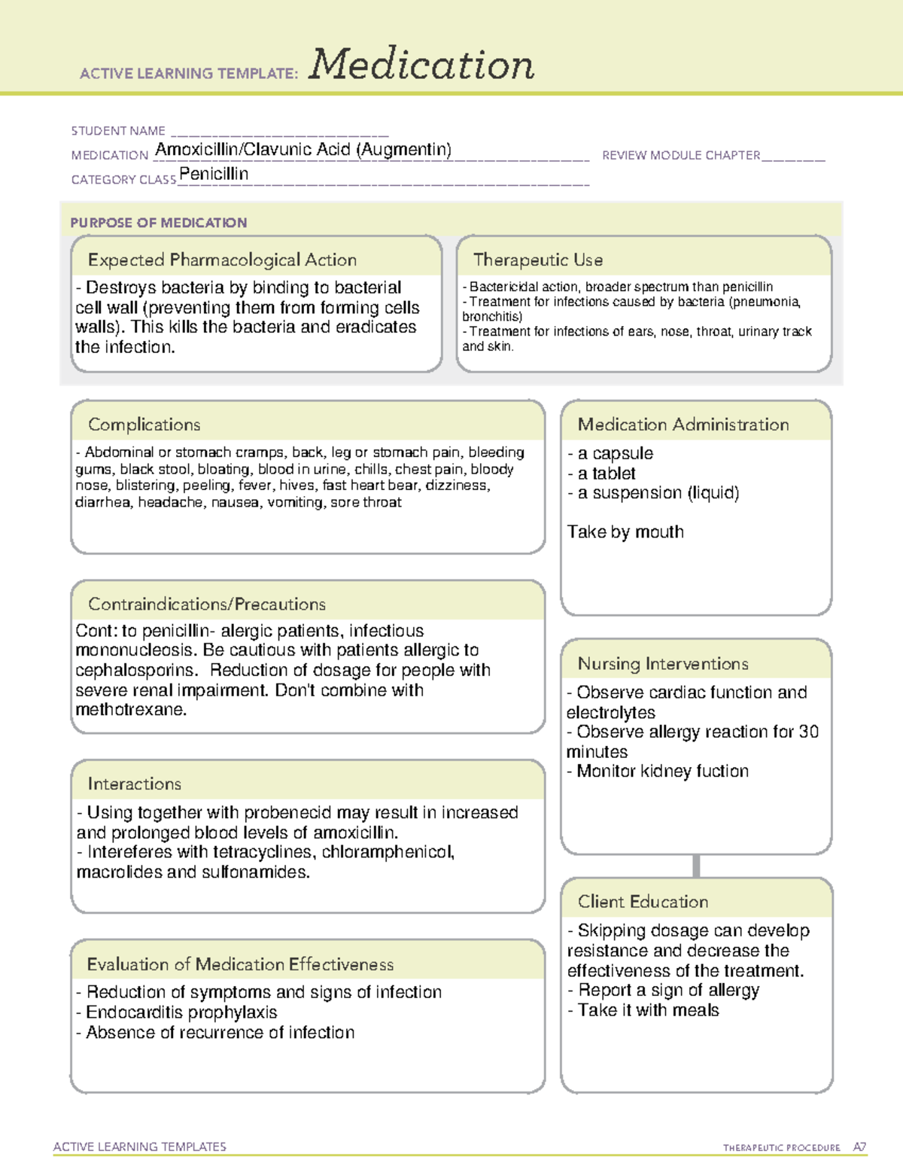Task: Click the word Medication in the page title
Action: point(421,65)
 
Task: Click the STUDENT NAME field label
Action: point(118,131)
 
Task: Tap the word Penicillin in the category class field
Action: point(214,174)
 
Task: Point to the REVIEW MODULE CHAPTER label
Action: point(681,155)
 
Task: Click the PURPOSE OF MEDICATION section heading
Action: point(159,223)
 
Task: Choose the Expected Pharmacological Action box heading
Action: point(222,260)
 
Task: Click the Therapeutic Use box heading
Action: point(538,260)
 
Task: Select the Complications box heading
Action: point(144,425)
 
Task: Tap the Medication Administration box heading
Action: point(683,425)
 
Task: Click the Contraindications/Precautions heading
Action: point(207,604)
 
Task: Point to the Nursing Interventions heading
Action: point(663,664)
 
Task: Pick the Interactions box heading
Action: point(135,784)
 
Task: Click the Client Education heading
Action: point(643,902)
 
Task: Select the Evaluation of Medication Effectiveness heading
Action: point(240,964)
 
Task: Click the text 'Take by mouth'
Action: point(625,532)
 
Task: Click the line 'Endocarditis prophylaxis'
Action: point(181,1012)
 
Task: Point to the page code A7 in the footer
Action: point(859,1147)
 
